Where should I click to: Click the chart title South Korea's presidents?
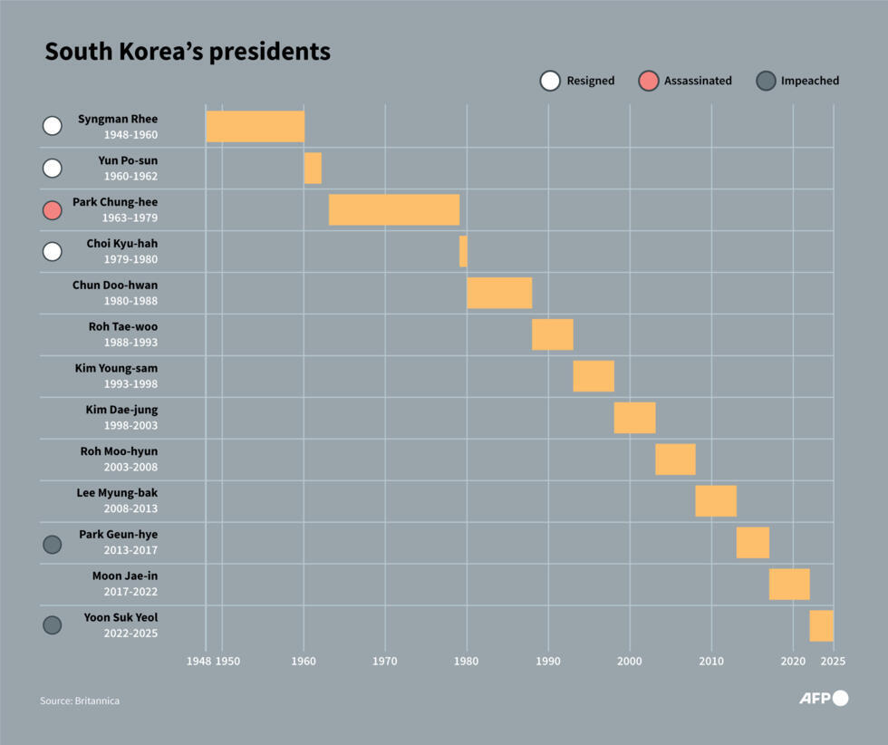tap(188, 52)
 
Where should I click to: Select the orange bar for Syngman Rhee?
tap(255, 126)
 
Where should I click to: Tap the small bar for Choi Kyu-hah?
tap(463, 251)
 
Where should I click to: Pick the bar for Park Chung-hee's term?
tap(393, 209)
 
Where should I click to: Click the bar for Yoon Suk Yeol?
tap(821, 626)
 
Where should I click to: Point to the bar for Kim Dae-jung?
tap(634, 418)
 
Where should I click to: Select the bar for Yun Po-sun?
tap(313, 168)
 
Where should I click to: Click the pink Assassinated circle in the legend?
tap(649, 81)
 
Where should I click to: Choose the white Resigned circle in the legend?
tap(550, 81)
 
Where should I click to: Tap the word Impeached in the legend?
tap(810, 81)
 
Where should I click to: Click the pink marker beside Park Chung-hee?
tap(53, 209)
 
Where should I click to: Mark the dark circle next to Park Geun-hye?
tap(53, 544)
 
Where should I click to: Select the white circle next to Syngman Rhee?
tap(53, 126)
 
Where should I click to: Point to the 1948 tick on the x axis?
tap(199, 662)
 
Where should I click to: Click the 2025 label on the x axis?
tap(832, 662)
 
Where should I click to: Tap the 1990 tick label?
tap(548, 662)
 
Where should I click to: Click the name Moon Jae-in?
tap(125, 576)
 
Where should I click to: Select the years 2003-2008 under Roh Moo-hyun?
tap(130, 468)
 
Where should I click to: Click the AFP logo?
tap(823, 698)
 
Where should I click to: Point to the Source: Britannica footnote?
tap(80, 701)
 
